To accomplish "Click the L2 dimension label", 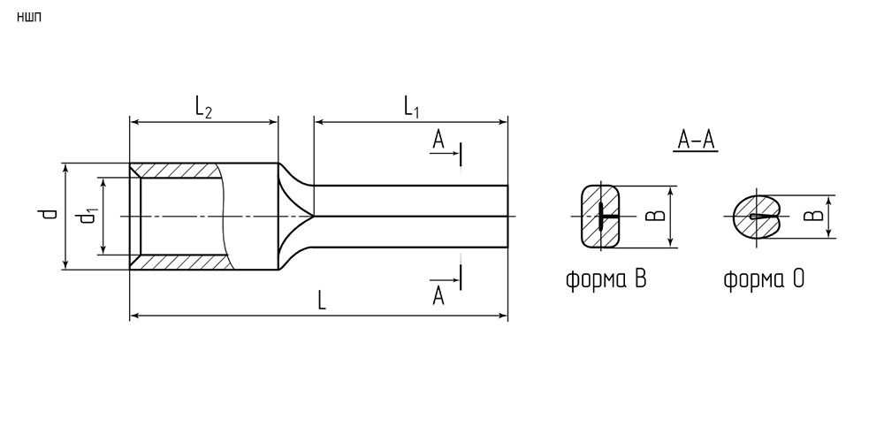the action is (203, 107).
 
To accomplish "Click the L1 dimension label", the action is (411, 107).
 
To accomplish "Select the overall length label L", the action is (322, 301).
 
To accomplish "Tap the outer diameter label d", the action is (50, 214).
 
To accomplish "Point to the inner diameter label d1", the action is (88, 217).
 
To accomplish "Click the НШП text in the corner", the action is (29, 18).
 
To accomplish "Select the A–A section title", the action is (696, 141).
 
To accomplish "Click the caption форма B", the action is (606, 279).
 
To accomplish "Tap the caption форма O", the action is (764, 279).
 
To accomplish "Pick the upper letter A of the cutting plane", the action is (438, 140).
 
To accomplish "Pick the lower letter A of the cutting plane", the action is (438, 295).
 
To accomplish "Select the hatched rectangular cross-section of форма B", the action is (600, 216).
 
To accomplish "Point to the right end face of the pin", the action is (507, 216).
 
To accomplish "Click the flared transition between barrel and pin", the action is (294, 216).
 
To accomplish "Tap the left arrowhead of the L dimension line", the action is (134, 316).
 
